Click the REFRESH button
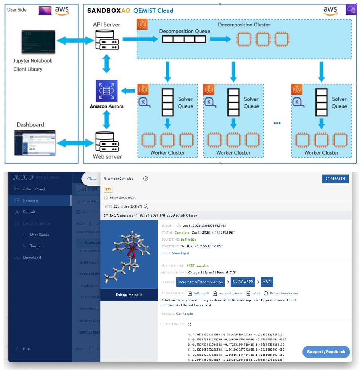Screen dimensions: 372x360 click(335, 179)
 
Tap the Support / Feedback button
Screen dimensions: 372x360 click(326, 352)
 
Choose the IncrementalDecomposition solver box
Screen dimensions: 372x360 click(200, 281)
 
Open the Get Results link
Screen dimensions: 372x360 click(185, 314)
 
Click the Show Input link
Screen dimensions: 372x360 click(181, 253)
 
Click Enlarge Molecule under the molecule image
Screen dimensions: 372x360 click(129, 295)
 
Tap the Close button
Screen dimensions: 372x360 click(92, 179)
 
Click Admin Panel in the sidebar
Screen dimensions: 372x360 click(34, 189)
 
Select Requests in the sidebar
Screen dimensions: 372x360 click(31, 200)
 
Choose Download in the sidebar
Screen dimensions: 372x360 click(32, 258)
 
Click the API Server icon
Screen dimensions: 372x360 click(106, 39)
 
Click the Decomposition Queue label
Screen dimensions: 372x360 click(185, 31)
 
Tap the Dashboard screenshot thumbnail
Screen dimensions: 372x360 click(35, 142)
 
